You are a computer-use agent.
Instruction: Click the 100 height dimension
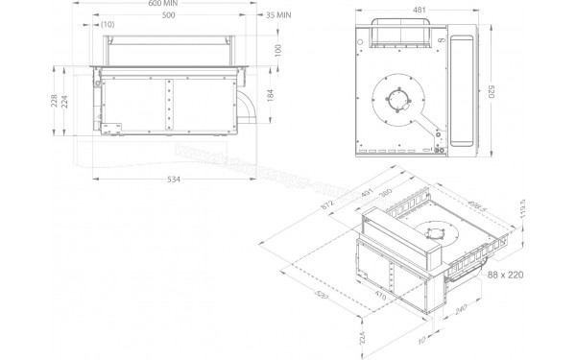[x=275, y=50]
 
